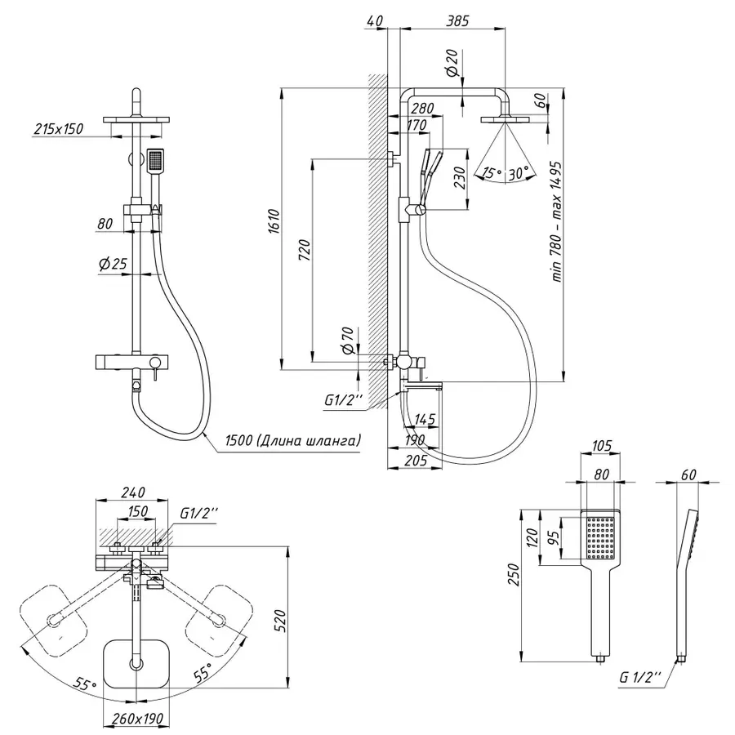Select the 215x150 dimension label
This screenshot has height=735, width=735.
point(59,129)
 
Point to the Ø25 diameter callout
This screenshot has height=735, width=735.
point(109,264)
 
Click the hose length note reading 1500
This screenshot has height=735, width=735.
point(290,441)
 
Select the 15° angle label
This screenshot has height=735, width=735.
point(490,172)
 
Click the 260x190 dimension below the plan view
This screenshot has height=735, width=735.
point(133,719)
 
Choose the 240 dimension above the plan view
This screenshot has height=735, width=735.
point(133,492)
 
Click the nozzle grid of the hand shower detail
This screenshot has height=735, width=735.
point(601,539)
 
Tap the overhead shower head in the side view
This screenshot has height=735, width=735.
point(506,121)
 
